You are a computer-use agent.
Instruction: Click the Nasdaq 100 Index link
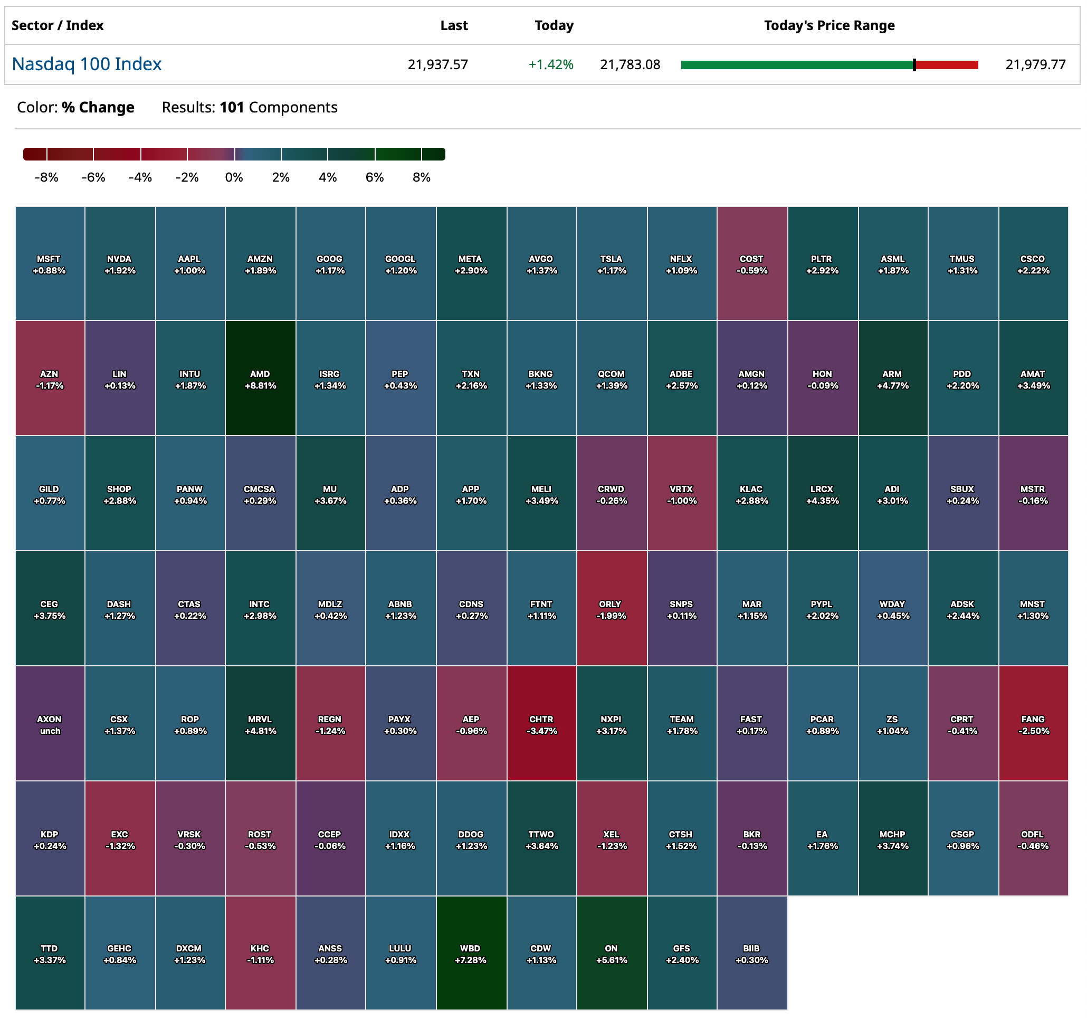[87, 64]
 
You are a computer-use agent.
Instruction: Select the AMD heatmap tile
[260, 379]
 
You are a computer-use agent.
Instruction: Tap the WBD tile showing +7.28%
[471, 954]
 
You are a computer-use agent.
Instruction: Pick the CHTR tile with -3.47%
[541, 724]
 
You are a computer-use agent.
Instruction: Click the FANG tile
[1033, 724]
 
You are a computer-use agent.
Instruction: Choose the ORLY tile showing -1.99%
[611, 609]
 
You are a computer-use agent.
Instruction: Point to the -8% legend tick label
[46, 177]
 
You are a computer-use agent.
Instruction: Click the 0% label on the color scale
[234, 177]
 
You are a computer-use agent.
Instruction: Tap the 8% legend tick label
[422, 177]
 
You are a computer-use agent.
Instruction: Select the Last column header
[454, 25]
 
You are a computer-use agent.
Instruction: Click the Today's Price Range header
[829, 25]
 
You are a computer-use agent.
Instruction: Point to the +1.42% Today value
[550, 64]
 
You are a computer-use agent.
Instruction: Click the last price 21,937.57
[438, 64]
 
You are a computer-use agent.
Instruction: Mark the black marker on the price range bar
[914, 65]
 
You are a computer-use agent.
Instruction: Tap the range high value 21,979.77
[1036, 64]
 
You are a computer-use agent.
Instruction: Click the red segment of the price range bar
[947, 65]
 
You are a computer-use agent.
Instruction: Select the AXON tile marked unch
[50, 724]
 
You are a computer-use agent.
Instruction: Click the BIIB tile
[752, 954]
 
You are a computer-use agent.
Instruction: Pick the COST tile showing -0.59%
[752, 263]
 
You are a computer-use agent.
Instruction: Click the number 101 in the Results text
[232, 107]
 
